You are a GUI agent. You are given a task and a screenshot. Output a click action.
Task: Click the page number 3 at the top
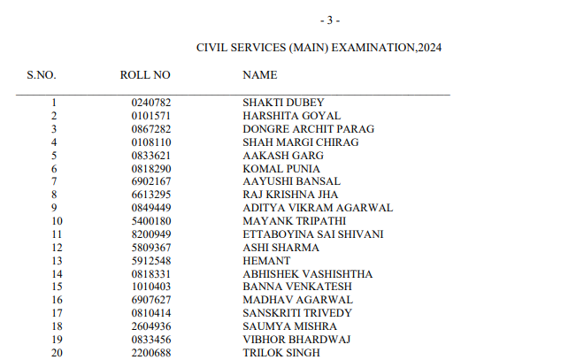click(329, 19)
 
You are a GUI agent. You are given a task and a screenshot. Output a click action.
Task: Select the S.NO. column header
click(42, 75)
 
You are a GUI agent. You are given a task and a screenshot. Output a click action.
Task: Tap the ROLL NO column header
click(145, 75)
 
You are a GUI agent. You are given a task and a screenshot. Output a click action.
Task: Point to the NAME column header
click(259, 75)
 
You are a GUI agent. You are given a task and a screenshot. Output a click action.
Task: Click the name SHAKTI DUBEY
click(283, 103)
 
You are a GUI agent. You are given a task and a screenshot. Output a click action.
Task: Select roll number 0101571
click(150, 116)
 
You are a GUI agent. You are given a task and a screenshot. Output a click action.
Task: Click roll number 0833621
click(150, 156)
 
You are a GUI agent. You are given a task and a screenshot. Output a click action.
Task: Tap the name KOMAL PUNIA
click(281, 169)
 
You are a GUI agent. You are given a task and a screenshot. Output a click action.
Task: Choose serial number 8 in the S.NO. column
click(54, 195)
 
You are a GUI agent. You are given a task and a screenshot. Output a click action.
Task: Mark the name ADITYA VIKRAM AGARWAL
click(318, 208)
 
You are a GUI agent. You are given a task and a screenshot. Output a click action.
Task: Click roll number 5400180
click(150, 221)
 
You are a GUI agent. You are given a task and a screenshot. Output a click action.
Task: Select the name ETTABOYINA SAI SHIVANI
click(312, 234)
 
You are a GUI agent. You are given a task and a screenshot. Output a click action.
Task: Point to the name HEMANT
click(266, 261)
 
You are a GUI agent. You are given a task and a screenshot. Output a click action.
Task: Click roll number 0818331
click(150, 274)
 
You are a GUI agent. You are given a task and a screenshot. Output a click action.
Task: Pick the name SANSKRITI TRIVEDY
click(297, 313)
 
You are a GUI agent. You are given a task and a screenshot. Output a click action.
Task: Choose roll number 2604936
click(150, 326)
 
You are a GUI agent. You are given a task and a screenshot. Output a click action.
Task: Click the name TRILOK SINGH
click(281, 353)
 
